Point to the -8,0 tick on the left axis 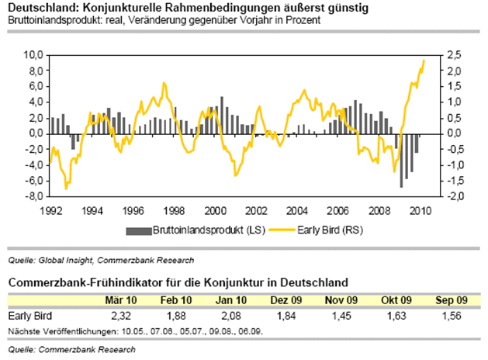(35, 196)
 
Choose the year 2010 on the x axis (421, 209)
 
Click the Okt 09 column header (395, 299)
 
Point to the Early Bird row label (27, 315)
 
